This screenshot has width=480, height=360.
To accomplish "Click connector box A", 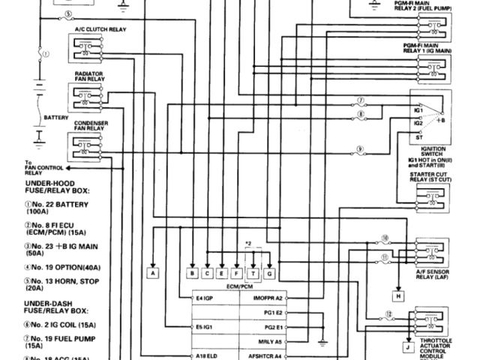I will [x=153, y=274].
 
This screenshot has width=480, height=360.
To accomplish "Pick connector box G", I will [x=269, y=274].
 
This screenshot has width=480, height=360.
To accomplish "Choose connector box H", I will [x=399, y=296].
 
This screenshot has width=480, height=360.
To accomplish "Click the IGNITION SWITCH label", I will [x=424, y=151].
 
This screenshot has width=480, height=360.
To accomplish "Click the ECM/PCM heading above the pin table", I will [x=238, y=286].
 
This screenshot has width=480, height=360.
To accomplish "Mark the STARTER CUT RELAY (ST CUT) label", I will [x=427, y=177].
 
